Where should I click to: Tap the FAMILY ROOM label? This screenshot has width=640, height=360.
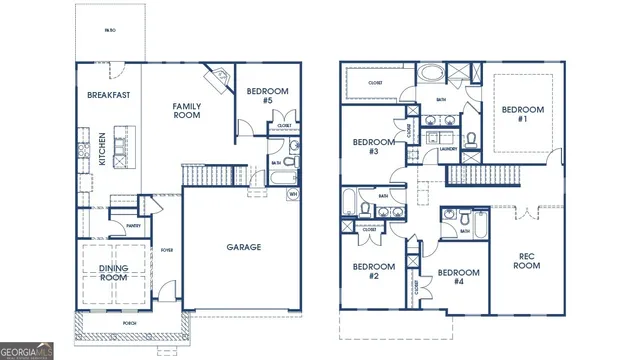point(186,110)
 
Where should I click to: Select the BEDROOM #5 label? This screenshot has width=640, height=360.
point(268,96)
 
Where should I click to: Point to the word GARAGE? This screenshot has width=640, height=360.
point(243,247)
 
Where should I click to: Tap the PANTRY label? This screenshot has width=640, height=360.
point(133,226)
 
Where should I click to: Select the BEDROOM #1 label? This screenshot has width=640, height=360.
point(521,114)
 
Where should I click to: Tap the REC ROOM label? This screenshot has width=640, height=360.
point(527,262)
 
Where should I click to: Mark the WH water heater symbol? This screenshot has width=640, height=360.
point(293,193)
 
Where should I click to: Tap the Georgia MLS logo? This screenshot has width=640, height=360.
point(27,351)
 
